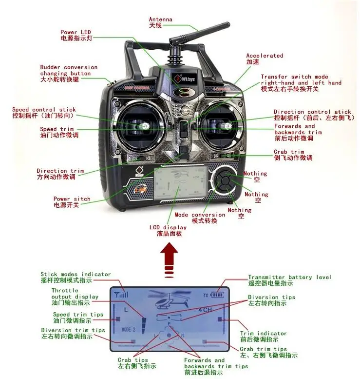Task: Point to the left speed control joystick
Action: (144, 126)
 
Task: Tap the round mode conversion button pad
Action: (225, 181)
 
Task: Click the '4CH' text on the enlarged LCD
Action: (205, 310)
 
